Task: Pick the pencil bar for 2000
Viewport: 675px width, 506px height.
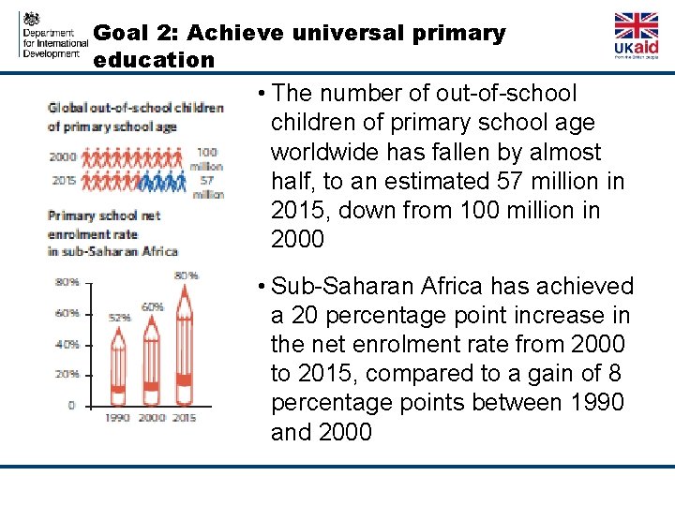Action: (152, 356)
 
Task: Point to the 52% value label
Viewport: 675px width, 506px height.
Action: (119, 318)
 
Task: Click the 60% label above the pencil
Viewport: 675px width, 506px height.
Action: (152, 306)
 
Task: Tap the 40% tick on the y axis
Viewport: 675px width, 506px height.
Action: (67, 344)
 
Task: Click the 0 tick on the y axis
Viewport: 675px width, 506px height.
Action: (70, 405)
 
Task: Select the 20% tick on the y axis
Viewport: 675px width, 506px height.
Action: (67, 375)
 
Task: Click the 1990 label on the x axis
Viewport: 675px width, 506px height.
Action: (118, 418)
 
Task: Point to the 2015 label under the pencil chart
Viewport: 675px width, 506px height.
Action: (185, 418)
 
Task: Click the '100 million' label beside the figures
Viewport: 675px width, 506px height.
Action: (208, 158)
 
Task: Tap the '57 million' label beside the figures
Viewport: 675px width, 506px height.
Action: (208, 187)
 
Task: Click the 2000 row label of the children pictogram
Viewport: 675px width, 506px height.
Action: (62, 156)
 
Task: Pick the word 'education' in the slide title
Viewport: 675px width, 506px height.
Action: (155, 60)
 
